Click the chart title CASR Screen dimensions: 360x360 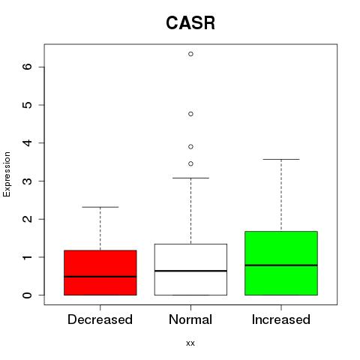coord(190,23)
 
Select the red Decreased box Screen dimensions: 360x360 coord(100,272)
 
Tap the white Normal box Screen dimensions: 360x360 coord(190,269)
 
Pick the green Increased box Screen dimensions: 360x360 coord(281,263)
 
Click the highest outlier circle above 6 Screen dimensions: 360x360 coord(190,54)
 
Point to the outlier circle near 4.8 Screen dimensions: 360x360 coord(190,114)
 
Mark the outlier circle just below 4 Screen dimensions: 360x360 coord(190,147)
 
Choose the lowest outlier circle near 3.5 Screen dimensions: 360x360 coord(190,163)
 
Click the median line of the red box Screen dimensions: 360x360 coord(100,277)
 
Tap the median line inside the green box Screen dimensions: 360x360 coord(281,265)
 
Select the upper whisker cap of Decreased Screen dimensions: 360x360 coord(100,207)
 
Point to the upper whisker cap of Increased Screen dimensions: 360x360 coord(281,159)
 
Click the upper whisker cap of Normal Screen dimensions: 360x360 coord(190,178)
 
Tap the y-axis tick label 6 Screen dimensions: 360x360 coord(28,67)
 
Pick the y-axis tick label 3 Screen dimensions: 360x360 coord(28,181)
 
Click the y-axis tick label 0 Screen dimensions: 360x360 coord(28,295)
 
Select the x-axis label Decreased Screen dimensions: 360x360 coord(100,319)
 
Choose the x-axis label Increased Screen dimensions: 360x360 coord(281,319)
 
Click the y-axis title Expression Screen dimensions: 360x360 coord(7,174)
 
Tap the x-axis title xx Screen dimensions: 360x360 coord(190,343)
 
